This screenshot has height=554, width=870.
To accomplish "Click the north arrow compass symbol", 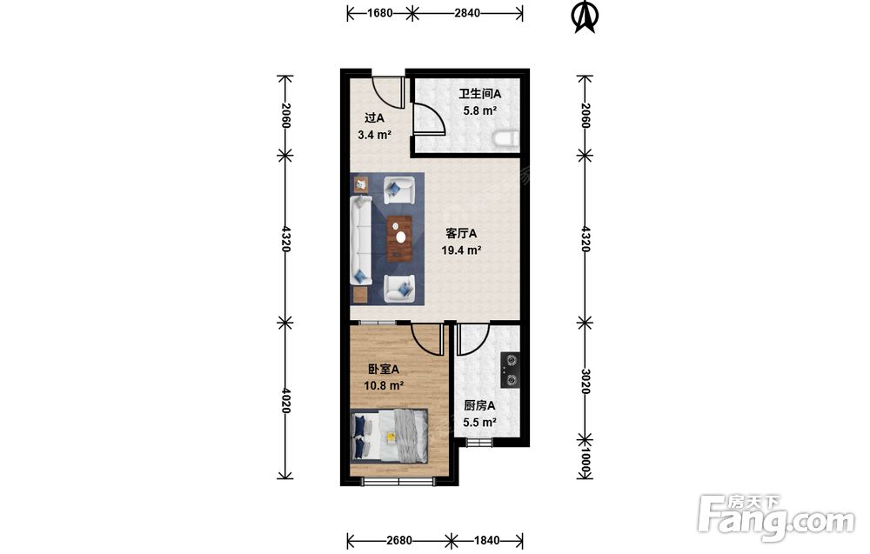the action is click(584, 17).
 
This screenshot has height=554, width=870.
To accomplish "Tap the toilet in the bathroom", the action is click(506, 138).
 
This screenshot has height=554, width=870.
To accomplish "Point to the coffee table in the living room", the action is click(400, 238).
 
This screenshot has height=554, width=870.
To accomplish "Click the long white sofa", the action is click(361, 240).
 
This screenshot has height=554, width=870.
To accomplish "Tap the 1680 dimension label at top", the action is click(380, 13).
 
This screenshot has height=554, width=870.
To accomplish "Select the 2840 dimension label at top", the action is click(467, 13).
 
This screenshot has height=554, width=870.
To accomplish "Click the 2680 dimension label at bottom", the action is click(399, 540).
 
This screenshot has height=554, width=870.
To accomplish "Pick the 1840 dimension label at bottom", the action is click(486, 540).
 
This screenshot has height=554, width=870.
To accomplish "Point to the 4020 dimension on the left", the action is click(285, 400).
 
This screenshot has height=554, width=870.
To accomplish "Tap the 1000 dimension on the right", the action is click(585, 464).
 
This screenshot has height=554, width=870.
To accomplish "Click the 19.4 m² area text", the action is click(461, 250).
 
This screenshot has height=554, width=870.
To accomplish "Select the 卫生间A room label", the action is click(480, 94).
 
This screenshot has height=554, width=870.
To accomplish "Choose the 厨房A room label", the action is click(479, 406).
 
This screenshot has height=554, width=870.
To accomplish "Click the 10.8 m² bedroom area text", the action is click(384, 385).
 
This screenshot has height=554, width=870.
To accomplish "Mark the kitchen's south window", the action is click(478, 442).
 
